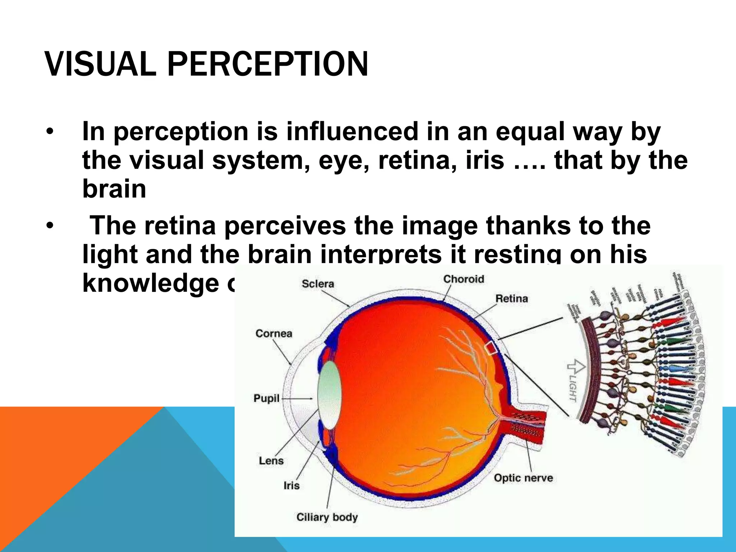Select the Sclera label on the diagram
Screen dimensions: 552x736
pos(318,284)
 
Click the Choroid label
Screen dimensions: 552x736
pos(464,279)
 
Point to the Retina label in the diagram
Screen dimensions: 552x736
pos(511,299)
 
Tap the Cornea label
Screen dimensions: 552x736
pos(274,333)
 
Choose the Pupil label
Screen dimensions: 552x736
pos(266,399)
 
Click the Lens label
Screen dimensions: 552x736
pos(271,461)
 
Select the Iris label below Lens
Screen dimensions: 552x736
pos(291,486)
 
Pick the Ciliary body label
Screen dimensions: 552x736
pos(327,517)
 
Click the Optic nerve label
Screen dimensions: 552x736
pos(523,478)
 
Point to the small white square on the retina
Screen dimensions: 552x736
pos(491,348)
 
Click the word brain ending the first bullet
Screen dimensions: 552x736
pos(114,189)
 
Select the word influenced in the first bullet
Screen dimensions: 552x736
pos(352,132)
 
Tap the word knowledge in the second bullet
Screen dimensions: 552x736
pos(151,283)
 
